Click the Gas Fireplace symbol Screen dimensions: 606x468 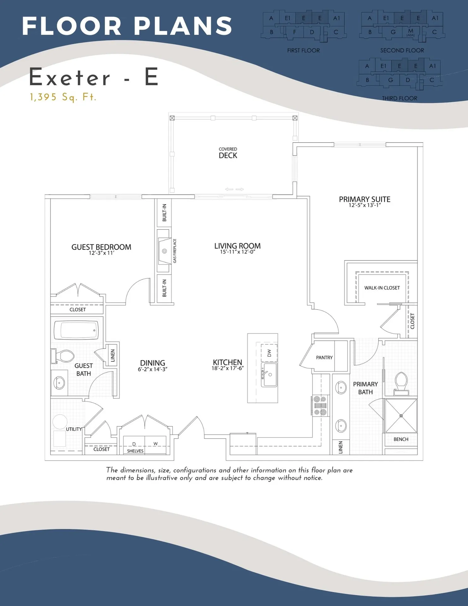click(164, 251)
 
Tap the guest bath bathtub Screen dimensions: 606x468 click(76, 330)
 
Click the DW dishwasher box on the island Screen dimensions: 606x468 click(269, 353)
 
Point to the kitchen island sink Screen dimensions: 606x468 click(269, 375)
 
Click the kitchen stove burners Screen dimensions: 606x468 click(320, 406)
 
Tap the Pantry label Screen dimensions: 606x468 click(324, 358)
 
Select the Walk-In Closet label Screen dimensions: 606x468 click(382, 288)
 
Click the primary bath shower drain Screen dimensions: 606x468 click(401, 416)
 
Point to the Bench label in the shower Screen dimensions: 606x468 click(401, 439)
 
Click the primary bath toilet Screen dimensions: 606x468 click(401, 382)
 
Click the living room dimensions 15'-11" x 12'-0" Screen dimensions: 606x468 click(237, 252)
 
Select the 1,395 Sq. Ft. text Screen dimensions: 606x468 click(63, 97)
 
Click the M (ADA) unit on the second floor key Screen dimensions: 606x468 click(410, 32)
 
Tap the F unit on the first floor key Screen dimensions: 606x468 click(294, 32)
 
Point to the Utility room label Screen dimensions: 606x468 click(74, 429)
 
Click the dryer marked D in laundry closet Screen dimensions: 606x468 click(134, 444)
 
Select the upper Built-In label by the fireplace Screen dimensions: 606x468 click(164, 212)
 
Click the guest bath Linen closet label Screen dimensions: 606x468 click(113, 355)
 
